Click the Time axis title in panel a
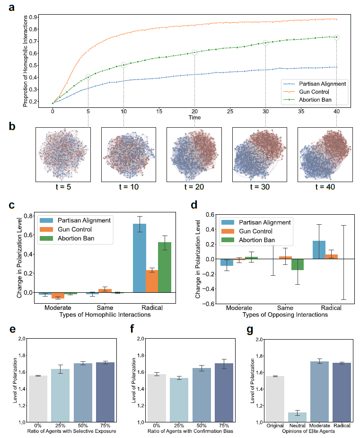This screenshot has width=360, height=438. tap(194, 117)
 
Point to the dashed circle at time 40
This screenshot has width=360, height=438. tap(336, 37)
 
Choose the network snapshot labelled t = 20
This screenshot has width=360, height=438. tap(194, 155)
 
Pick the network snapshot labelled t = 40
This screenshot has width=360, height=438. tap(325, 155)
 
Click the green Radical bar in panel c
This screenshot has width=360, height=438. tap(164, 267)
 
